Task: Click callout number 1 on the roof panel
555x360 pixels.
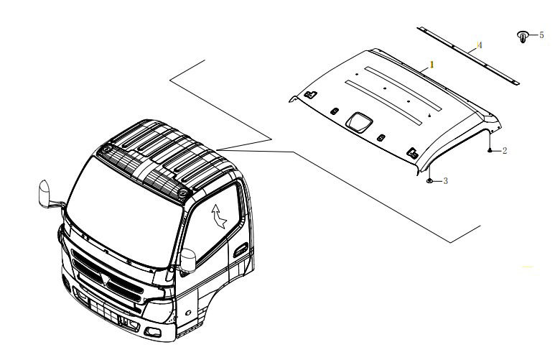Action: tap(432, 64)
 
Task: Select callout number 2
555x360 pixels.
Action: tap(504, 151)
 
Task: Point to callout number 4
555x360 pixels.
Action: tap(480, 45)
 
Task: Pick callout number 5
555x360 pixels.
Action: tap(541, 34)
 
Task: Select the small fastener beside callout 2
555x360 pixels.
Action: tap(490, 150)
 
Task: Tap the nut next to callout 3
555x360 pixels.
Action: tap(429, 180)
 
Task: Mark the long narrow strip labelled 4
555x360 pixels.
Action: tap(467, 54)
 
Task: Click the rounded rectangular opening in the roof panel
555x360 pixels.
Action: tap(357, 122)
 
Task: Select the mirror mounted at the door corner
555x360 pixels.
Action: tap(189, 259)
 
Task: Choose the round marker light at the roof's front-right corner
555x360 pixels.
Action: tap(179, 193)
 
